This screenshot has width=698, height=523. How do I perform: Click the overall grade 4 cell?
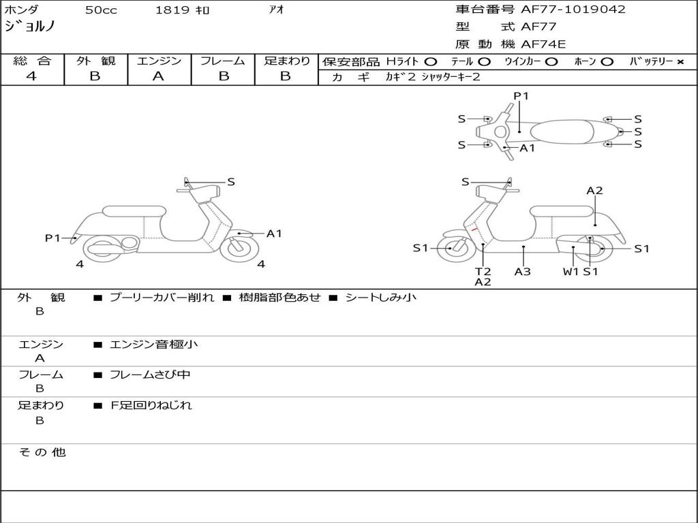32,76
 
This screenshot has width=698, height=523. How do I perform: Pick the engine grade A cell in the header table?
158,76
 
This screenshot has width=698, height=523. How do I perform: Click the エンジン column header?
159,61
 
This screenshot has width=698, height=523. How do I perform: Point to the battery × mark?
680,62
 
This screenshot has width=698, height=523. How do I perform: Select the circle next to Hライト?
430,62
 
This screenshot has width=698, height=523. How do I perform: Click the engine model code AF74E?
543,44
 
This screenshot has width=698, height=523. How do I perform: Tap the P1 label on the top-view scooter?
521,96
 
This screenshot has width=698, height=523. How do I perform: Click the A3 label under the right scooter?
523,272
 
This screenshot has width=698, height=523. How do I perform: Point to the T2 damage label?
483,272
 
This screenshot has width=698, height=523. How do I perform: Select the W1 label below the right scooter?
571,272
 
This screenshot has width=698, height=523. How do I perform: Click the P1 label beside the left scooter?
52,238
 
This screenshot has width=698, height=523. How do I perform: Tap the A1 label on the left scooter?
274,234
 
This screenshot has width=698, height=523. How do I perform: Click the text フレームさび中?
150,375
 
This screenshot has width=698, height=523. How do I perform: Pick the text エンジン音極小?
154,345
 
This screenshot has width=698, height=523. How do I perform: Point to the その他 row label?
42,452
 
